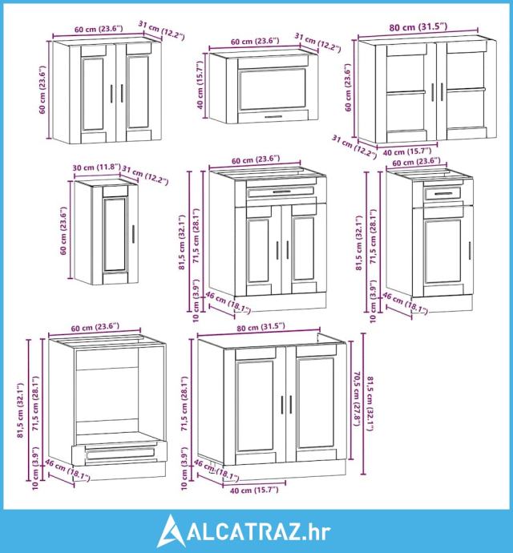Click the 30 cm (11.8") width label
(97, 168)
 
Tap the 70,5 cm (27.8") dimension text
(357, 398)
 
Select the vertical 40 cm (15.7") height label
(200, 85)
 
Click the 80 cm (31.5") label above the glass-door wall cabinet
(418, 26)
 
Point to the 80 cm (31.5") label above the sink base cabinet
(261, 327)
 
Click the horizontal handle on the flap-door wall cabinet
(273, 117)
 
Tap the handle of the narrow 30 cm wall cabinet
(133, 234)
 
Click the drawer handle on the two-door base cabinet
(281, 192)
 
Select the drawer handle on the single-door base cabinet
(443, 194)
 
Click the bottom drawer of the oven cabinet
(120, 454)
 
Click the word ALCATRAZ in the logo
(244, 531)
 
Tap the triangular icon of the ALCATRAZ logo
(171, 531)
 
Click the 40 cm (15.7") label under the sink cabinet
(254, 490)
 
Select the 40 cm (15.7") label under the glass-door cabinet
(407, 152)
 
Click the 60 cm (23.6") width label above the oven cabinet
(95, 328)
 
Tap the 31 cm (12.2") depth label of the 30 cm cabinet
(144, 176)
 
